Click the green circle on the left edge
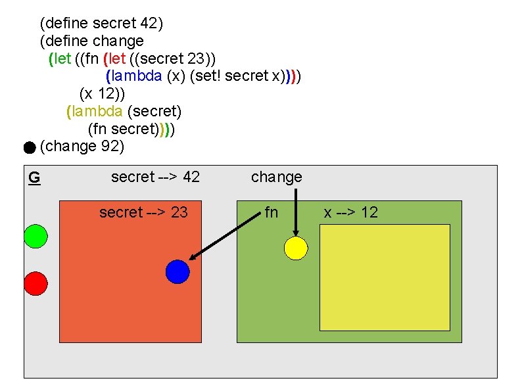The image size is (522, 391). (36, 236)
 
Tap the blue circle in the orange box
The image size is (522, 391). (178, 271)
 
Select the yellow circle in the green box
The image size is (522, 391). (296, 248)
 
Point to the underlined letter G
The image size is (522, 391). (34, 177)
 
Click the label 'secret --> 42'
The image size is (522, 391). (155, 177)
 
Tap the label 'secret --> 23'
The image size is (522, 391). (143, 212)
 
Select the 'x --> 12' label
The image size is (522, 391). (350, 212)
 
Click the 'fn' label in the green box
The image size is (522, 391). (271, 212)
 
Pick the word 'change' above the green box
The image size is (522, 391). (277, 177)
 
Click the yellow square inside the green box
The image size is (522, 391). (385, 277)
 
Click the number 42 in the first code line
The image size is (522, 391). (151, 24)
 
